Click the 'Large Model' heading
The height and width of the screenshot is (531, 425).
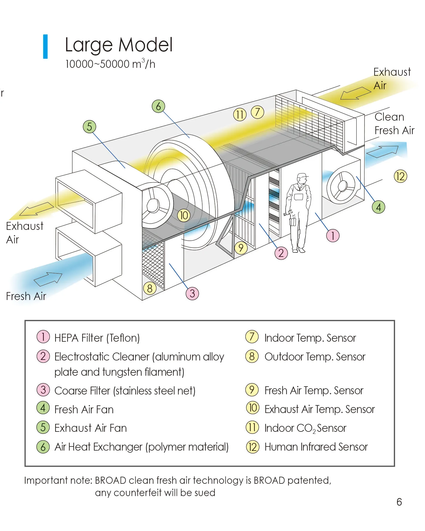(x=119, y=45)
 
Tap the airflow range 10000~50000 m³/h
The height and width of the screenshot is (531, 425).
(x=110, y=64)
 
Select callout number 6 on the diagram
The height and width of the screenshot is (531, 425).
(x=158, y=106)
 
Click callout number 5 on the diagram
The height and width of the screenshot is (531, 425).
(x=90, y=127)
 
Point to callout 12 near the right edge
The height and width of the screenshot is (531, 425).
(x=400, y=176)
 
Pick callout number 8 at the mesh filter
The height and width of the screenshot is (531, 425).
(x=150, y=288)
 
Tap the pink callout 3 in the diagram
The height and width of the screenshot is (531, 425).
(x=192, y=293)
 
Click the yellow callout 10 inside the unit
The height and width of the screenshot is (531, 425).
(x=184, y=215)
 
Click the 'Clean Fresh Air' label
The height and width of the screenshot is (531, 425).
(x=394, y=124)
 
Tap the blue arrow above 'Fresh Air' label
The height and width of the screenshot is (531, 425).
(x=48, y=279)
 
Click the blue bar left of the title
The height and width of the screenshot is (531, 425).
(x=45, y=46)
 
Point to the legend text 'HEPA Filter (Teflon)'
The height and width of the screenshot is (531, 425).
(x=97, y=338)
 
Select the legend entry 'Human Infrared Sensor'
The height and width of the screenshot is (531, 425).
(x=316, y=447)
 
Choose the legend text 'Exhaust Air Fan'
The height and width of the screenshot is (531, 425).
(x=90, y=428)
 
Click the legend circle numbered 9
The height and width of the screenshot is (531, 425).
(x=252, y=390)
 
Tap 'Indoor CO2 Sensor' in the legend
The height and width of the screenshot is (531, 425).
(x=305, y=428)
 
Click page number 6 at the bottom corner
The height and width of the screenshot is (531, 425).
(x=399, y=502)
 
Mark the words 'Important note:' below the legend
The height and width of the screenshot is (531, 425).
(x=58, y=481)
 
